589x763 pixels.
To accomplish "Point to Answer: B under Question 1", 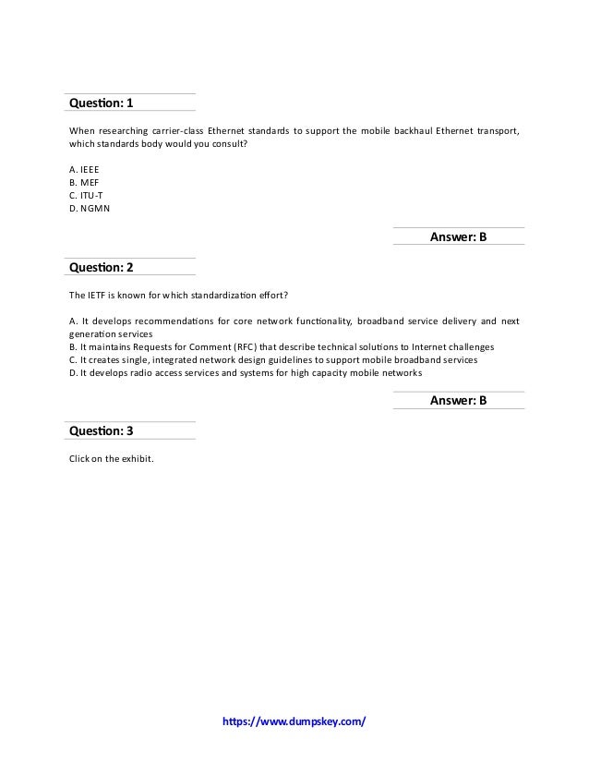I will (x=459, y=237).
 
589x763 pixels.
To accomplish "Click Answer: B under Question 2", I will (x=459, y=401).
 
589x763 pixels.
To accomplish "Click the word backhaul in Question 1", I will (x=416, y=129).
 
